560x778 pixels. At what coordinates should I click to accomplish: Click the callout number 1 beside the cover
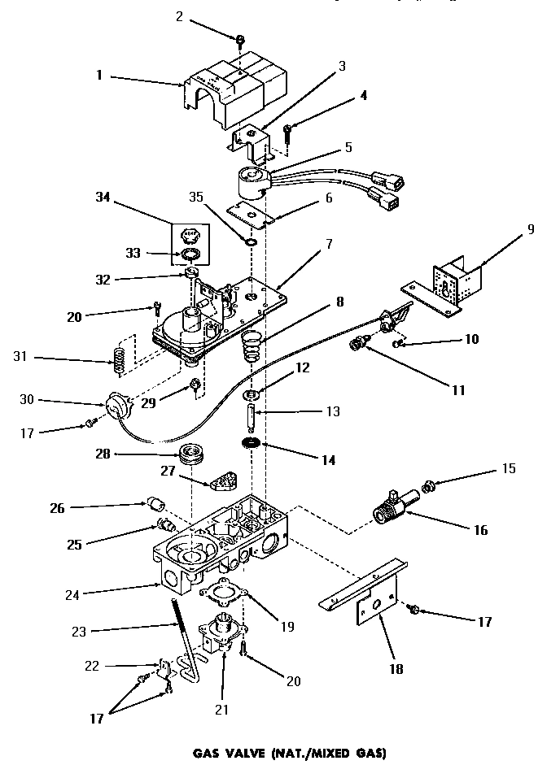[x=98, y=76]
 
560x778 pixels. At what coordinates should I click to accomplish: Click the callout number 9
[x=532, y=229]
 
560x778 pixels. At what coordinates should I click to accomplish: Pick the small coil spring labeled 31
[x=119, y=360]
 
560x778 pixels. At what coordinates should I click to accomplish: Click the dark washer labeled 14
[x=253, y=444]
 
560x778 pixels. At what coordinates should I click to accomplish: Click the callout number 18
[x=376, y=671]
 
